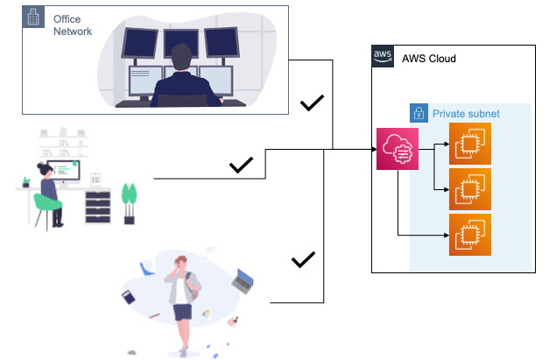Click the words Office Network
[73, 24]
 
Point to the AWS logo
[384, 55]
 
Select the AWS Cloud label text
[429, 59]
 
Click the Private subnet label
[464, 113]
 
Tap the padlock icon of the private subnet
[419, 113]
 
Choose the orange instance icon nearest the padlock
[470, 144]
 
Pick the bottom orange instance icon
[470, 235]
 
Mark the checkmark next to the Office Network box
[313, 104]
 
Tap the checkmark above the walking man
[302, 259]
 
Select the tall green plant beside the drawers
[130, 199]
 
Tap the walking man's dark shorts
[182, 310]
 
